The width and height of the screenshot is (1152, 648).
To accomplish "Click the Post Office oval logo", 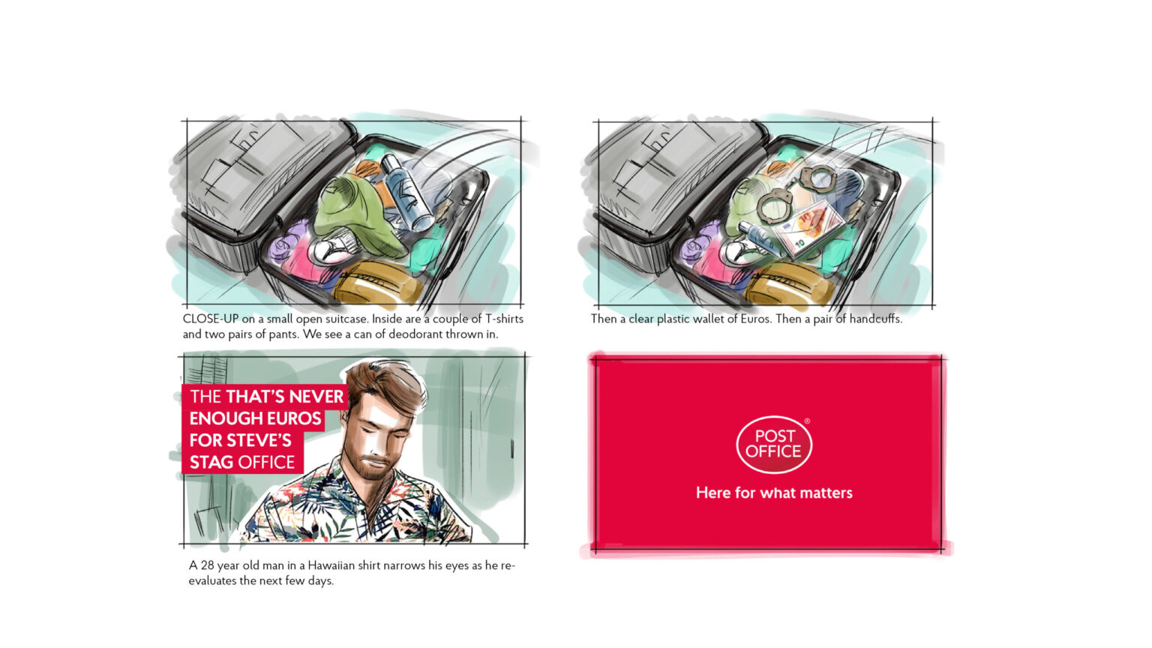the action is coord(774,444).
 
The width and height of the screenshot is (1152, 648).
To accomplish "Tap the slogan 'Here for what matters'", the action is coord(774,493).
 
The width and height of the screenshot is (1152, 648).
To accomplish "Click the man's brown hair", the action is coord(388,385).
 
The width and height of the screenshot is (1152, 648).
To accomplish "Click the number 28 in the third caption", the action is coord(207,565).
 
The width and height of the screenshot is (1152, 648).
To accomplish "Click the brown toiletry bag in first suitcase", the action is coord(377,282).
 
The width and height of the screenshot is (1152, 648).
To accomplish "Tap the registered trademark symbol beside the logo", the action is coord(807,421).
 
